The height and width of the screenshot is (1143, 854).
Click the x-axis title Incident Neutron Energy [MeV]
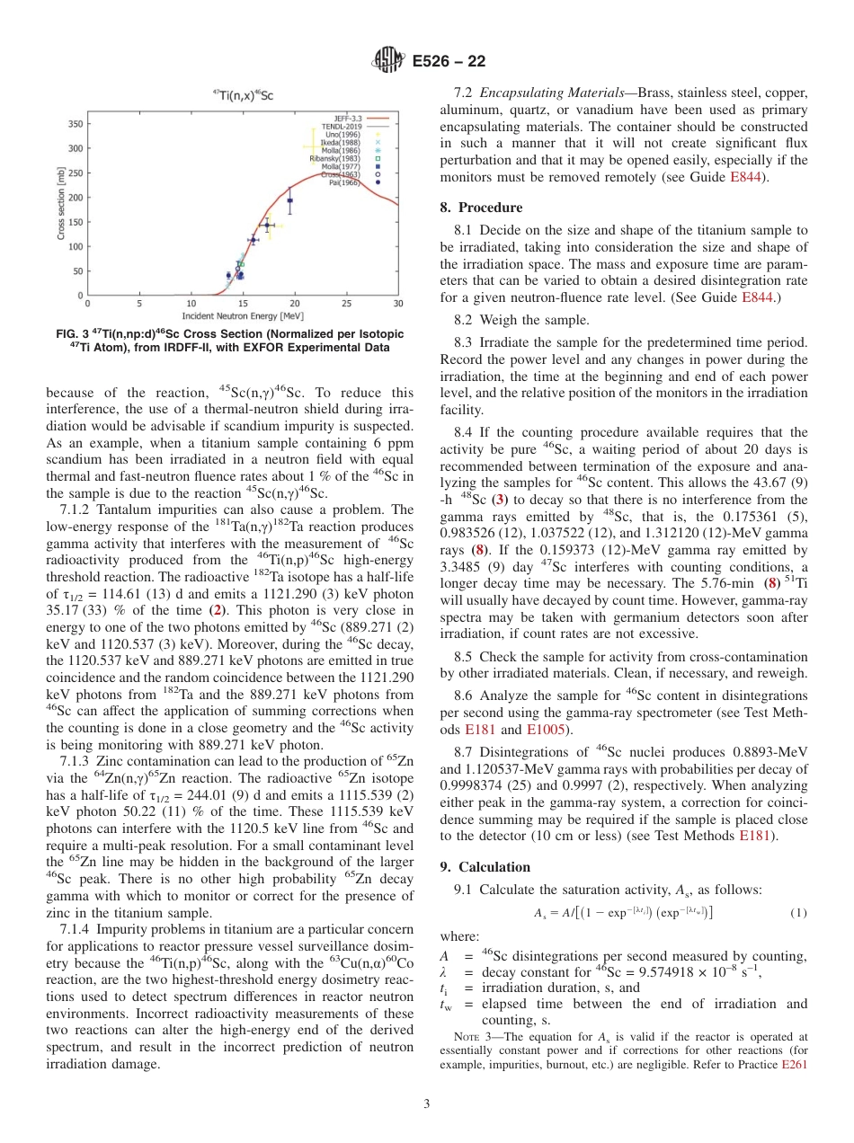[243, 315]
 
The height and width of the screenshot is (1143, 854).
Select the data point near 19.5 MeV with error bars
[289, 200]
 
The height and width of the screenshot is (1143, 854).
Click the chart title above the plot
[244, 93]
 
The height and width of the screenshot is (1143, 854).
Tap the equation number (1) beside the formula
[798, 913]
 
